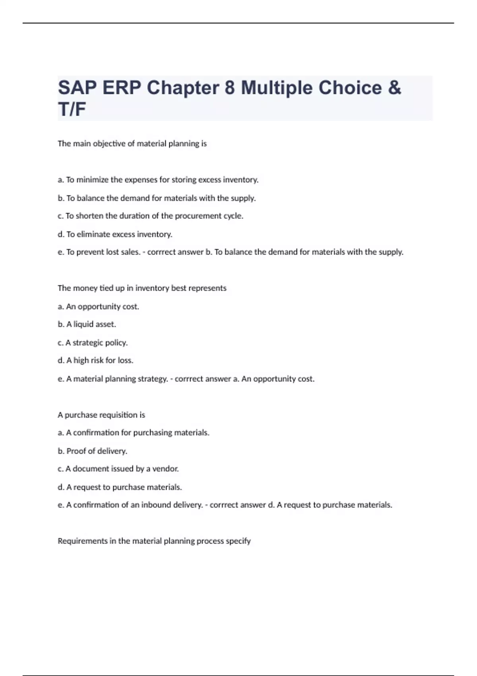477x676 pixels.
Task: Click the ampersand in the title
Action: (394, 88)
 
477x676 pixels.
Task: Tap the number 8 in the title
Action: (229, 88)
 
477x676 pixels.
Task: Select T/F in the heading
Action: (72, 109)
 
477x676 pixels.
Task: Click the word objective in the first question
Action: (109, 144)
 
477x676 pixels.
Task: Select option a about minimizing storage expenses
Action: (158, 180)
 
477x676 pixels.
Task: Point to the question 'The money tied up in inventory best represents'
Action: (142, 288)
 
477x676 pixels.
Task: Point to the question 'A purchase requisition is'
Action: (101, 415)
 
